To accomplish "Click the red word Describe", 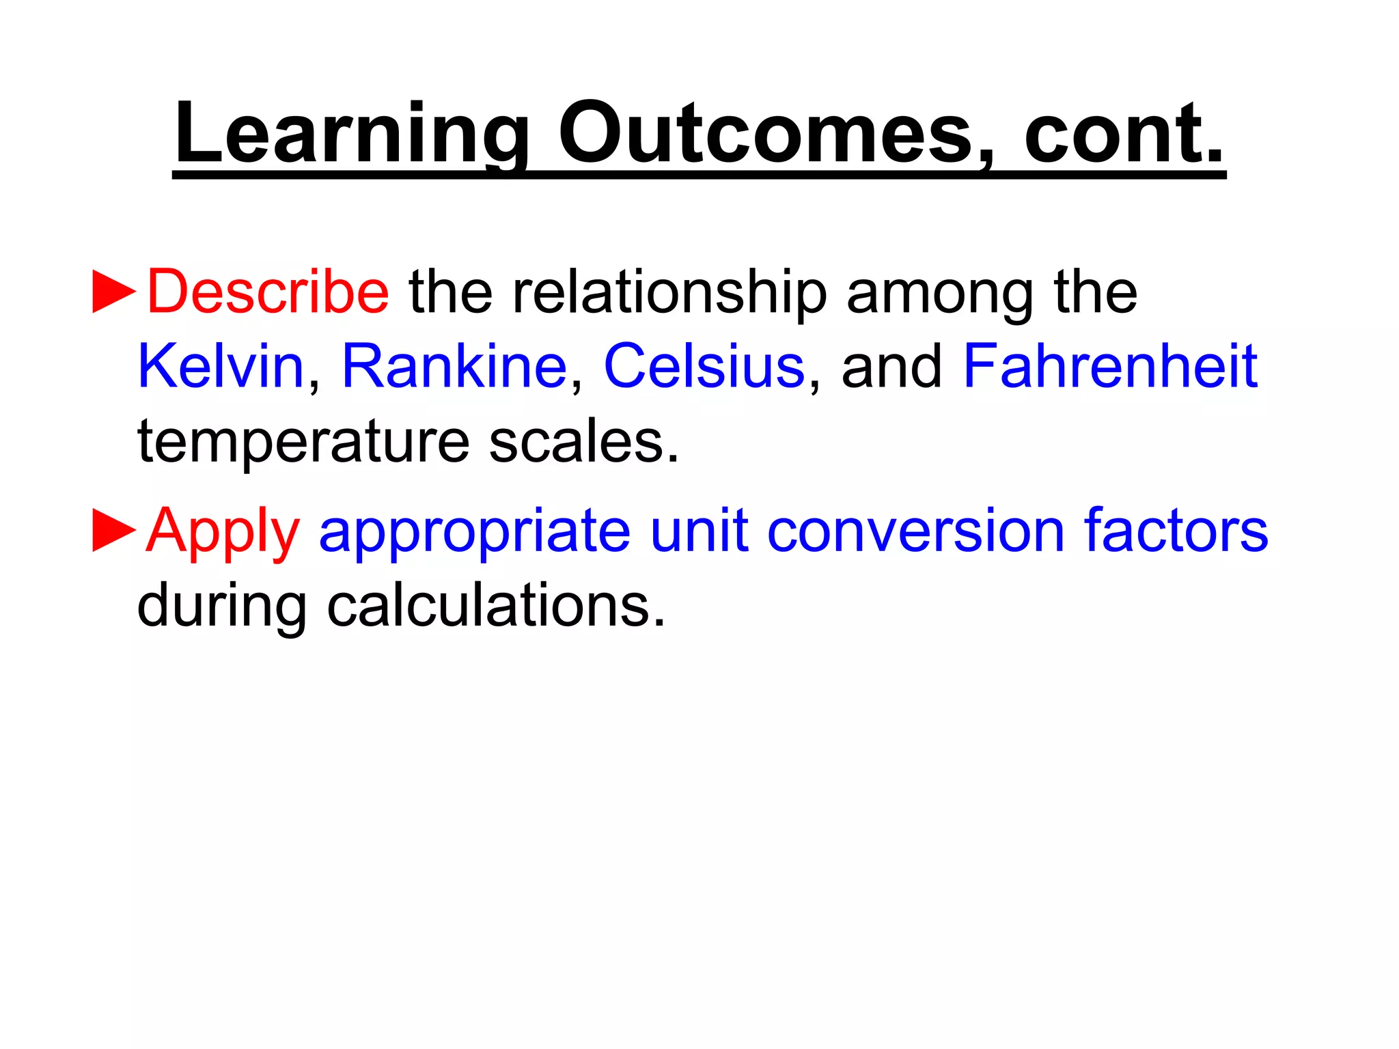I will (x=268, y=292).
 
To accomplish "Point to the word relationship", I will (x=669, y=294).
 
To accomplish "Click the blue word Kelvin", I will (x=221, y=367).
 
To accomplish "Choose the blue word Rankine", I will (x=454, y=367).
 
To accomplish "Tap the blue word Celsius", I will (x=704, y=367).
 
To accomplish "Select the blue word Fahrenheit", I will (x=1110, y=367).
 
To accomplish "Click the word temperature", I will (x=303, y=443).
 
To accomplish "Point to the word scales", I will (x=584, y=443).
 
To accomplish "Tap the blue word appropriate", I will (x=475, y=533).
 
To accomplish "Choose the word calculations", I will (x=496, y=606).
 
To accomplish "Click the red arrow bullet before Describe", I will (x=114, y=292).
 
